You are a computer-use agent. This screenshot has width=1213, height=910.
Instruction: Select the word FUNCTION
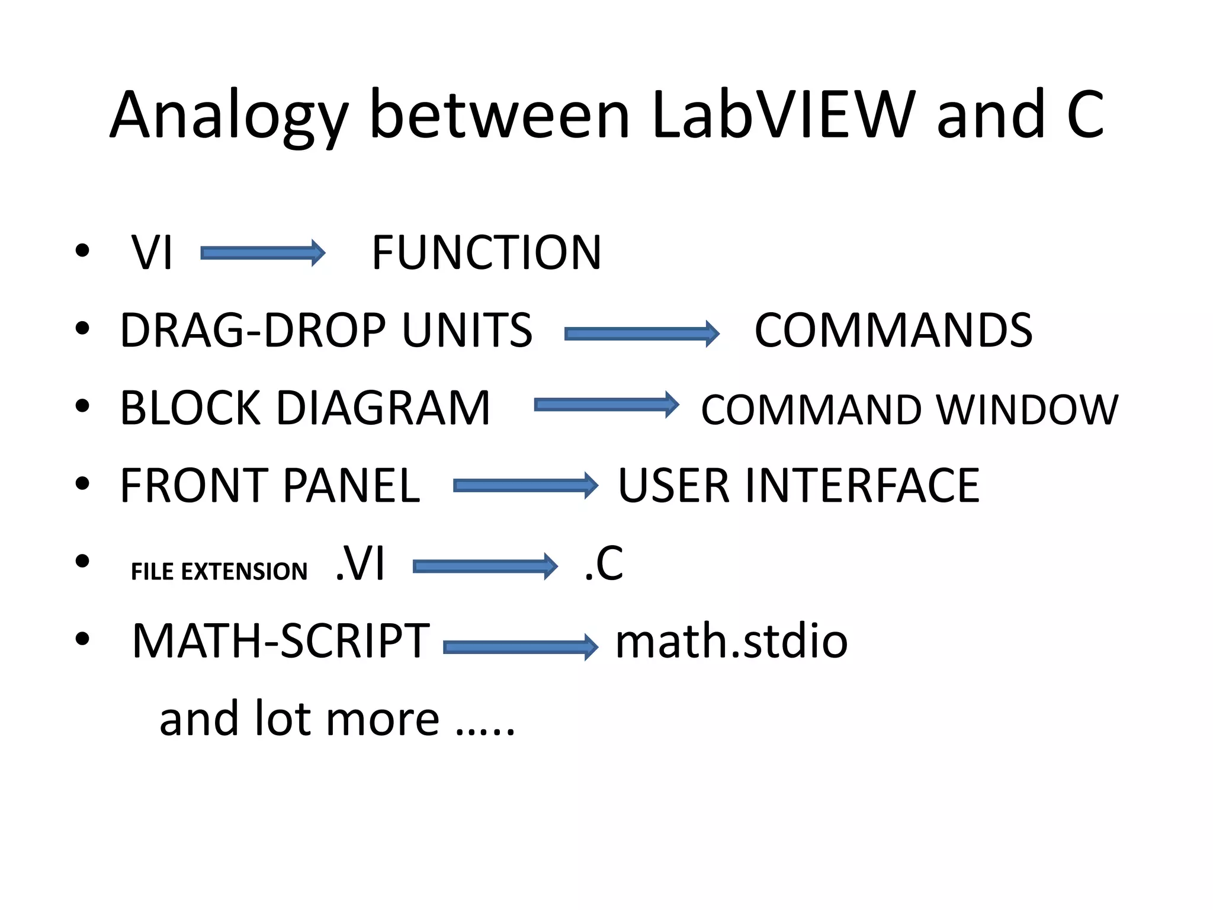(486, 253)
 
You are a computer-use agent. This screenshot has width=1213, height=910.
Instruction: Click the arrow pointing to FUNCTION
(263, 254)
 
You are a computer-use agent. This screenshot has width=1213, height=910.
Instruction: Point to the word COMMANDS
(893, 331)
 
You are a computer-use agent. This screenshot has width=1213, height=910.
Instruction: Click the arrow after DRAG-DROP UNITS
(642, 334)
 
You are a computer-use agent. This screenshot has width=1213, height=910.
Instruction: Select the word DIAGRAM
(383, 408)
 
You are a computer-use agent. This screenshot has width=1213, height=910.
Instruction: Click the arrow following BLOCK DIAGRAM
(606, 405)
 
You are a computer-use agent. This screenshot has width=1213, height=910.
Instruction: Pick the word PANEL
(352, 486)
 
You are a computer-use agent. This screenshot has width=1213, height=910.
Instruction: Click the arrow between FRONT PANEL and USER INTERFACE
(526, 486)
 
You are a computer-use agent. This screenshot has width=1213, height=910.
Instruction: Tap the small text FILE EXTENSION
(219, 572)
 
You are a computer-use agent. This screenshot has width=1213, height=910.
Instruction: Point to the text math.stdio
(731, 642)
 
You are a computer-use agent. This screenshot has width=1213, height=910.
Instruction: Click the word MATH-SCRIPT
(280, 642)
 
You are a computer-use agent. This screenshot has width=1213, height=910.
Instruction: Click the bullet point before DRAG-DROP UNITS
(82, 328)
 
